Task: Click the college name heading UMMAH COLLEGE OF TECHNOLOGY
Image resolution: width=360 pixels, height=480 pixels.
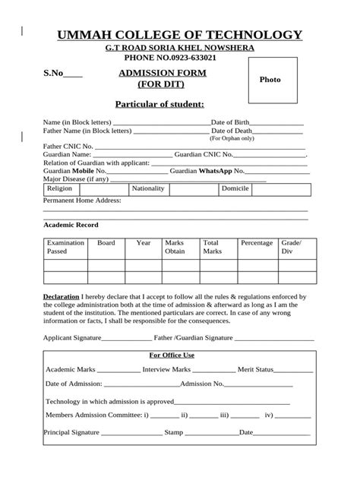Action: [180, 35]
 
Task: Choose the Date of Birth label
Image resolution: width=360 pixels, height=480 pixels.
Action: [229, 122]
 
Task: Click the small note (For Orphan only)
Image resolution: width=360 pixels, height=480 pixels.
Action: [232, 139]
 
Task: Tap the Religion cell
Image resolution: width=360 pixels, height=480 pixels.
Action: [59, 188]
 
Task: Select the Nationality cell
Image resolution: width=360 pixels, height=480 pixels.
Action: [148, 188]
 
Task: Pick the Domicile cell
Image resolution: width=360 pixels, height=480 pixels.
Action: [235, 188]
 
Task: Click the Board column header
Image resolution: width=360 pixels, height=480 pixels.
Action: [106, 243]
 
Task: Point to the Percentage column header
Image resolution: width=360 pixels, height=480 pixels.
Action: [257, 243]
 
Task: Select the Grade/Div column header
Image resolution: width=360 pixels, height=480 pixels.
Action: [292, 247]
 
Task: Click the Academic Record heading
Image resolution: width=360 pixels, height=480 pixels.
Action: [71, 225]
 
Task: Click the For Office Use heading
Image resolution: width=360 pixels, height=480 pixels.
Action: [172, 355]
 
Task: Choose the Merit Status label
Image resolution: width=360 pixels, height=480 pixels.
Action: [255, 369]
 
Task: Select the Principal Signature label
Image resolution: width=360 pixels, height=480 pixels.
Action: [71, 432]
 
